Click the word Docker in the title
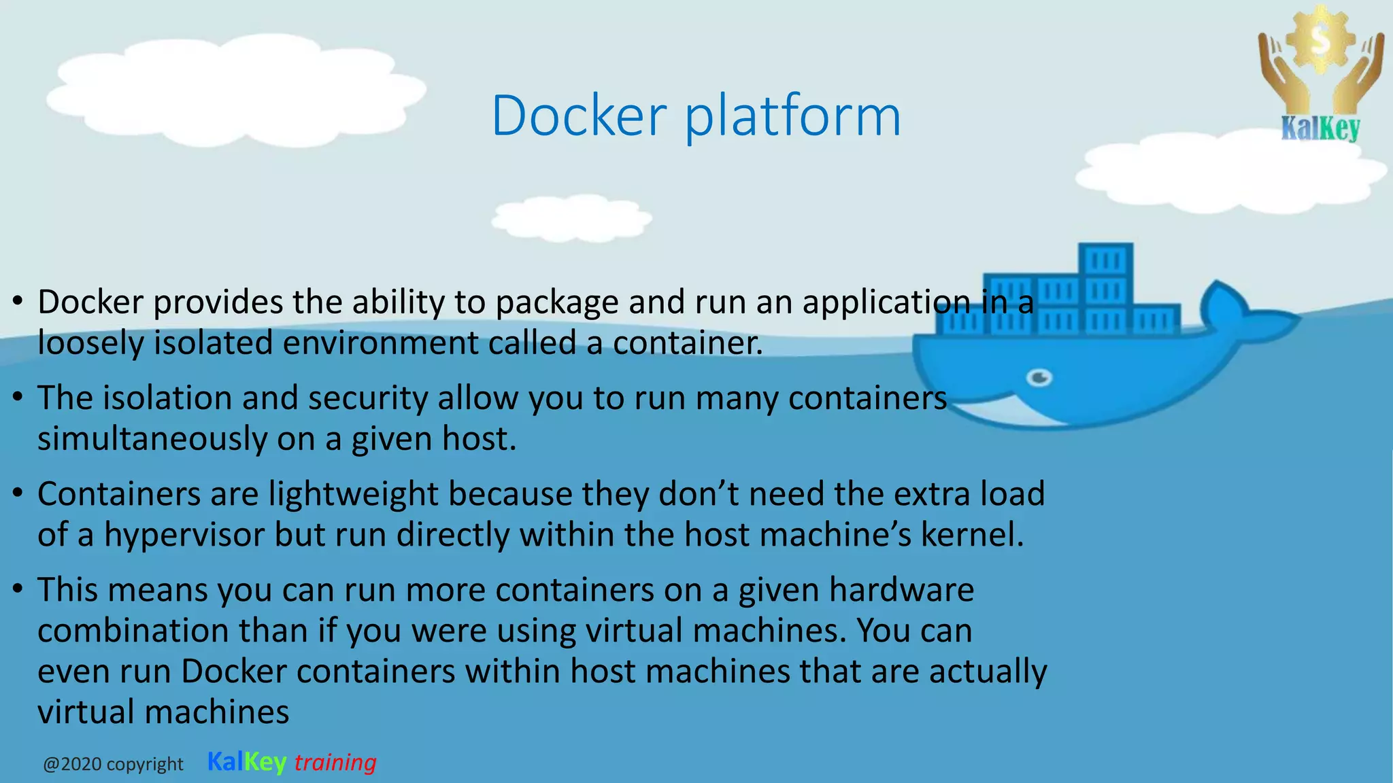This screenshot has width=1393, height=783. pos(579,116)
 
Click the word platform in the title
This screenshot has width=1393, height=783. pos(792,117)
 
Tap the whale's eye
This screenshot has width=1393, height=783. pos(1039,377)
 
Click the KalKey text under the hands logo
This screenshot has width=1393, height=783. pos(1320,128)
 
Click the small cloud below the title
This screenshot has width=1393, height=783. pos(571,217)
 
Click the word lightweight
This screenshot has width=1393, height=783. pos(353,494)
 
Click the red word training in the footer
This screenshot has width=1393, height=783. pos(335,763)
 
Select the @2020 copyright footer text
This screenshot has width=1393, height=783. pos(113,765)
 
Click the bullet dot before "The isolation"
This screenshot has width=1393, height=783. pos(18,396)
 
